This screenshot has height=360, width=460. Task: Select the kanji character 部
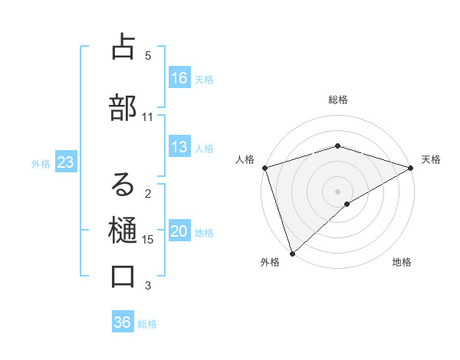(122, 105)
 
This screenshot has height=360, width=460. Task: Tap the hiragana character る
(123, 184)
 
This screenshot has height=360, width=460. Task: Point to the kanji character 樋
(122, 229)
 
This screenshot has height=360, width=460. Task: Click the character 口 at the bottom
(123, 275)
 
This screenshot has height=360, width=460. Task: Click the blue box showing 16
(179, 77)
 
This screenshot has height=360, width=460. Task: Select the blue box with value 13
(179, 147)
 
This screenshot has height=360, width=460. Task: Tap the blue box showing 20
(179, 232)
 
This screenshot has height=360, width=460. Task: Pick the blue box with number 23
(65, 162)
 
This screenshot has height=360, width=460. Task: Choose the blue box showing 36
(123, 322)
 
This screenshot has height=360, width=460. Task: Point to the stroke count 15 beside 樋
(148, 240)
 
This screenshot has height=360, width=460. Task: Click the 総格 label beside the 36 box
(147, 324)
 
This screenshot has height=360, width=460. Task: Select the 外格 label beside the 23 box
(41, 163)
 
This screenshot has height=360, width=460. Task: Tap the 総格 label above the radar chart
(338, 100)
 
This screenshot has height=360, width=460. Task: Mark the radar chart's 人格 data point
(264, 167)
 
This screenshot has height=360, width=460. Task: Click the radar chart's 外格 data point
(292, 253)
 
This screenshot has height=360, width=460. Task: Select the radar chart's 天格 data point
(411, 167)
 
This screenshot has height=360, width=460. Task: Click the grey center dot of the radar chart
(337, 191)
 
